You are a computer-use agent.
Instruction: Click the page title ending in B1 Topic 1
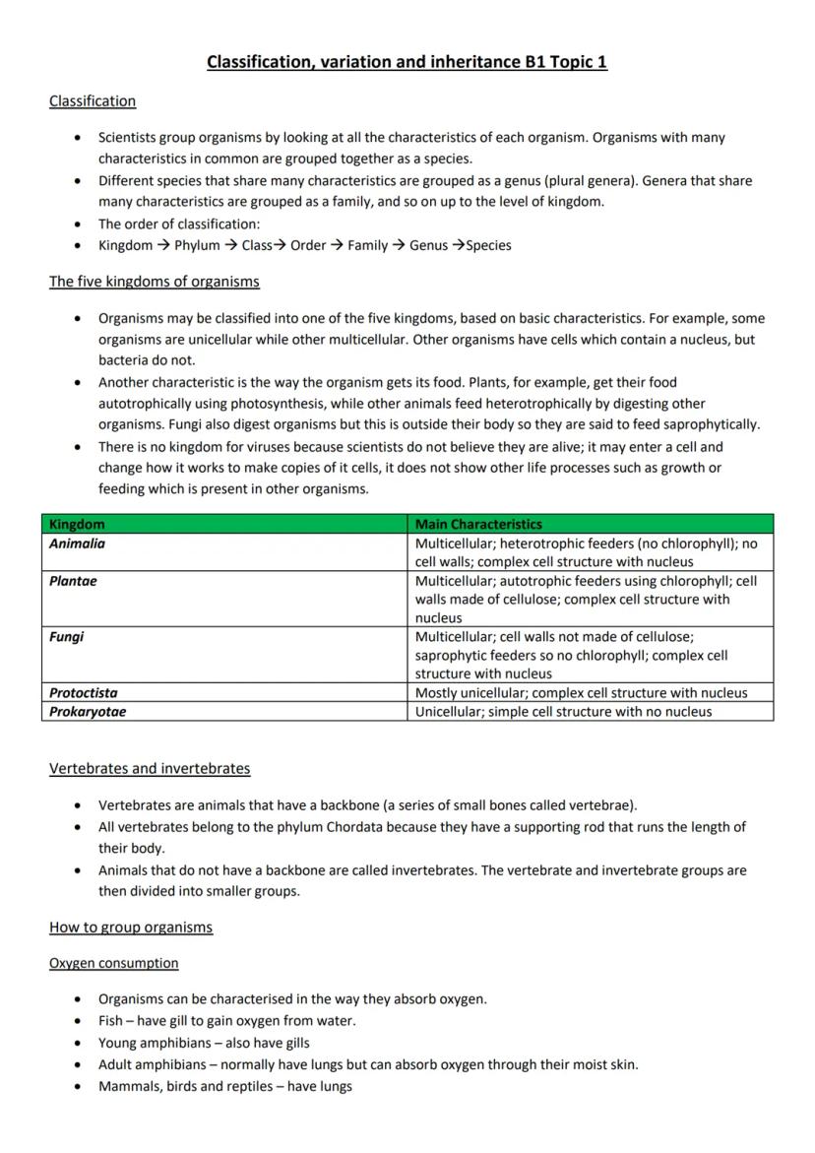407,62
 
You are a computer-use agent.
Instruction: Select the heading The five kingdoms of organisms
155,282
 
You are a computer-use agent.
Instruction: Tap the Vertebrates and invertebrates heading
150,768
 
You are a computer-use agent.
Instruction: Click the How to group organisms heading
131,927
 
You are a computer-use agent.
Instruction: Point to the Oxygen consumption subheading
114,963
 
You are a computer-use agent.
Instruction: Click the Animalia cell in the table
77,544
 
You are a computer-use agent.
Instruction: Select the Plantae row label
73,581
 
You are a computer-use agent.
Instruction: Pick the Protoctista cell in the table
83,692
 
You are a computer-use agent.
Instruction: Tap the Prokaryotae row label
88,711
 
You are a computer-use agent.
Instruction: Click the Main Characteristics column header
478,524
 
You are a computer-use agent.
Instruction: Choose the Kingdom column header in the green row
77,524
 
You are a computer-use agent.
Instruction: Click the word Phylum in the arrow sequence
197,245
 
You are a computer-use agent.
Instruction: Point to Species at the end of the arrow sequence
488,245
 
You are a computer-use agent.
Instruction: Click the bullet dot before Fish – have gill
78,1021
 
